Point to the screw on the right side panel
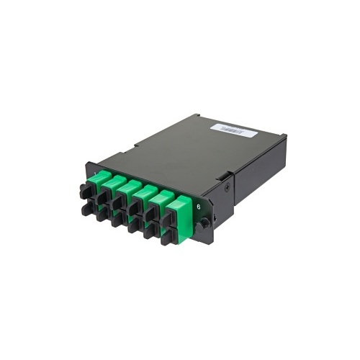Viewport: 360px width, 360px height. pos(229,186)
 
